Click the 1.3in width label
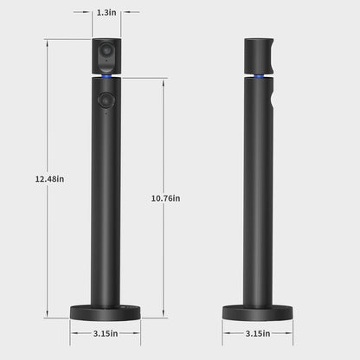point(107,13)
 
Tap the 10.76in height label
point(165,198)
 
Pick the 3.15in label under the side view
point(258,332)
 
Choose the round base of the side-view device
point(258,311)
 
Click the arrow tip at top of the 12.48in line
point(48,40)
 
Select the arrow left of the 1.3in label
point(92,13)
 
